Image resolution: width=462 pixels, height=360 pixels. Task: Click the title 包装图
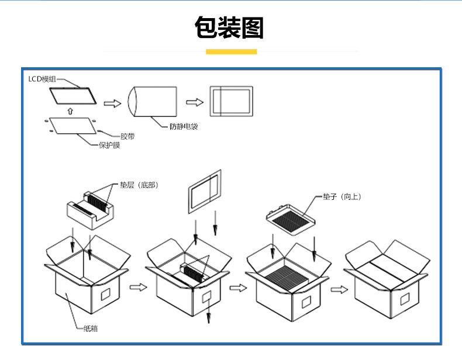pos(230,27)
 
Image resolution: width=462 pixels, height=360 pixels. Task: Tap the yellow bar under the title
pos(231,52)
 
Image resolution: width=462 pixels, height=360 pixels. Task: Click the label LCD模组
pos(42,79)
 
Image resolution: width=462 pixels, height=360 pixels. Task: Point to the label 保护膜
pos(109,145)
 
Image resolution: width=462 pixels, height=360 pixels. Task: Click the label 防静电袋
pos(184,126)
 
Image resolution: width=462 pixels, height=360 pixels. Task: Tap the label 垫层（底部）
pos(139,185)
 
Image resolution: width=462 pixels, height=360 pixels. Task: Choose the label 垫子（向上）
pos(342,197)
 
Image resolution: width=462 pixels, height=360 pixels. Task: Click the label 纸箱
pos(91,328)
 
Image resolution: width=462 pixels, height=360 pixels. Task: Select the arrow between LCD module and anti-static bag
pos(112,103)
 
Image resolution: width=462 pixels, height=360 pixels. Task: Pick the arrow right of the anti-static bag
pos(195,103)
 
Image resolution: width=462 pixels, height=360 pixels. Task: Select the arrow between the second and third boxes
pos(237,288)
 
